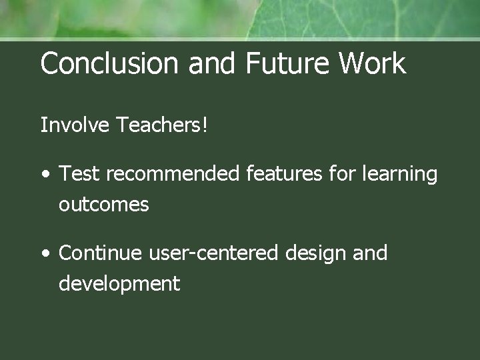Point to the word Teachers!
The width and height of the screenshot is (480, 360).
(x=161, y=125)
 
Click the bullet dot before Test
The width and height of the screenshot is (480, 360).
(x=45, y=175)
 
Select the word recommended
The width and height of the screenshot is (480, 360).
(x=171, y=174)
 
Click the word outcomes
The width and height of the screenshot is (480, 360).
(x=103, y=204)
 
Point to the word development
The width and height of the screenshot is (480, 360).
(x=119, y=284)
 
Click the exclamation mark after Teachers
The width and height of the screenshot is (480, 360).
(x=205, y=125)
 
